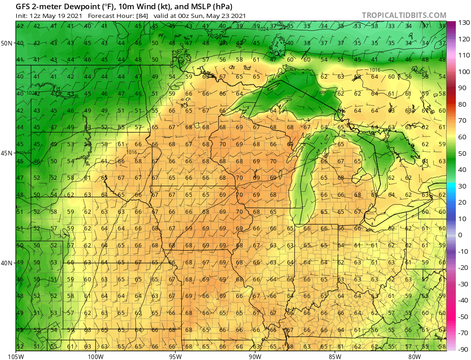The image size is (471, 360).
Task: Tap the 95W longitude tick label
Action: tap(175, 355)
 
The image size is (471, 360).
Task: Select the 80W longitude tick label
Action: tap(414, 355)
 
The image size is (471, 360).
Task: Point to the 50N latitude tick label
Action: tap(7, 43)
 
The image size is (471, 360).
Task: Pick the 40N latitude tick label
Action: tap(7, 263)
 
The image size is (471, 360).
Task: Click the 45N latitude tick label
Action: tap(7, 153)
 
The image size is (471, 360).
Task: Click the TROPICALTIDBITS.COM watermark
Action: tap(404, 15)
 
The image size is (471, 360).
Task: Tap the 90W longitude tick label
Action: tap(255, 355)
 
